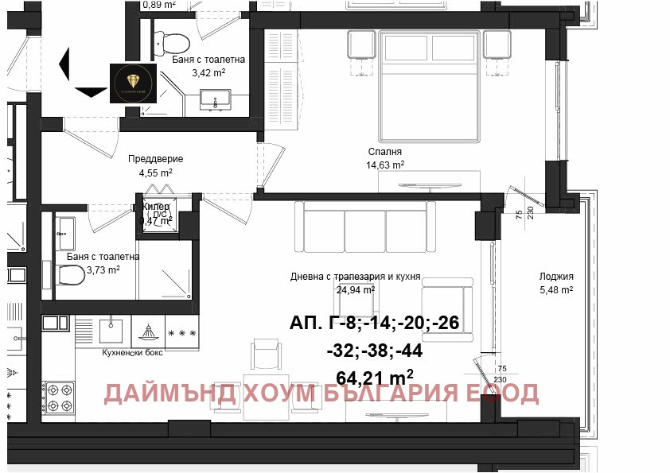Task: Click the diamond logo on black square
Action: tap(134, 83)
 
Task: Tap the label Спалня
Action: tap(385, 152)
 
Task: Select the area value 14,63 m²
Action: tap(385, 165)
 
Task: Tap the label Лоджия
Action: tap(556, 277)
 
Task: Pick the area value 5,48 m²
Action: tap(556, 290)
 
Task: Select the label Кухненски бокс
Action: tap(132, 352)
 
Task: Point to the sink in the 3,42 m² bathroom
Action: tap(215, 100)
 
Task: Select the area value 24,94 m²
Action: tap(356, 290)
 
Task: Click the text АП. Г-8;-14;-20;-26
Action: tap(374, 324)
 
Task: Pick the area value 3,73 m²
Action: tap(103, 269)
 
